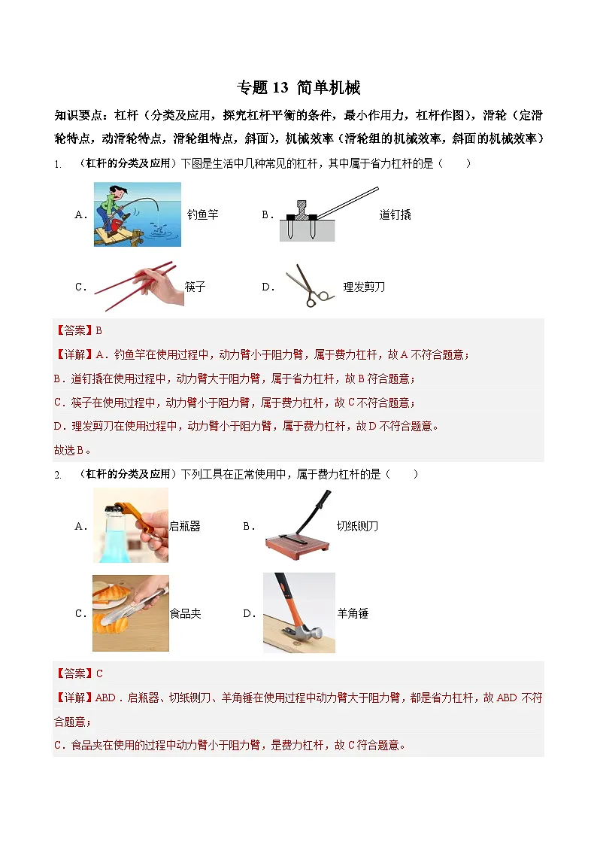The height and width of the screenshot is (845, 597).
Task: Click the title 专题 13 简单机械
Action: point(298,88)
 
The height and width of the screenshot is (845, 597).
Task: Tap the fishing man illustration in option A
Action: point(137,214)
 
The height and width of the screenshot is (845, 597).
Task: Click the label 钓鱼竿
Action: point(202,214)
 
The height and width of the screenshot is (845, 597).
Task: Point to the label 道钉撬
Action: point(395,214)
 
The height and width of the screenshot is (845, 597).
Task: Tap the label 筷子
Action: point(195,287)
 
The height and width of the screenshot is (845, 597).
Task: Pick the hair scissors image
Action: point(309,286)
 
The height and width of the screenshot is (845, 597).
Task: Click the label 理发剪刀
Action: point(364,287)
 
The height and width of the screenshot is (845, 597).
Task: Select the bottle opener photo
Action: point(130,525)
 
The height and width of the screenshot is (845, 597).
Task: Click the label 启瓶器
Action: point(185,527)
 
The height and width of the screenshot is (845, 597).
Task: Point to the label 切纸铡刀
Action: point(357,527)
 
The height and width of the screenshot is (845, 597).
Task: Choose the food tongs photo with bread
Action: point(130,612)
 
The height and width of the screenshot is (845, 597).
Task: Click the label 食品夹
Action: point(185,613)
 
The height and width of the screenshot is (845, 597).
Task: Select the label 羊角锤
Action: point(353,613)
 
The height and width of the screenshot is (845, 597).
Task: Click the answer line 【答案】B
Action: point(77,330)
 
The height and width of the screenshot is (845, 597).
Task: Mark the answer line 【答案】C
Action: point(77,673)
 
